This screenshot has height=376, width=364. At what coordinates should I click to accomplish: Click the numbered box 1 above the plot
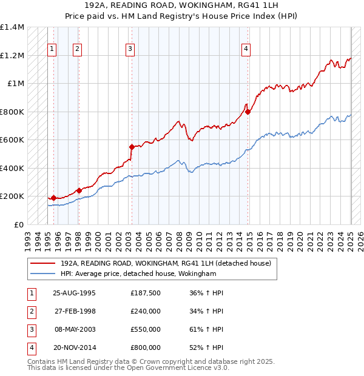[x=52, y=50]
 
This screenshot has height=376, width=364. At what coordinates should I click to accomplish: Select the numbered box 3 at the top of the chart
[x=130, y=50]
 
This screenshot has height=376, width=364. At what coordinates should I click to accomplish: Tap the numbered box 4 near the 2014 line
[x=246, y=50]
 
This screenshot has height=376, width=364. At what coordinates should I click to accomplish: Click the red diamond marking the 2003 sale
[x=132, y=146]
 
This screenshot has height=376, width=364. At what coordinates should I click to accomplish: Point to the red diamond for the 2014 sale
[x=248, y=111]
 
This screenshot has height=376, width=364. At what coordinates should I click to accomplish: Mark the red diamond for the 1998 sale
[x=79, y=190]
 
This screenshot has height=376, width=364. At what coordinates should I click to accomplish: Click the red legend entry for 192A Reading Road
[x=161, y=263]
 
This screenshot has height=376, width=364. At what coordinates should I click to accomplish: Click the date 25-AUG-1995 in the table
[x=75, y=293]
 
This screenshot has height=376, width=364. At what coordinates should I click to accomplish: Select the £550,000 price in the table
[x=146, y=329]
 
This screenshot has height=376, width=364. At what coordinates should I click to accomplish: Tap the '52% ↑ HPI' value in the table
[x=206, y=347]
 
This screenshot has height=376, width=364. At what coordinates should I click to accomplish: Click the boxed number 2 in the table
[x=31, y=311]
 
